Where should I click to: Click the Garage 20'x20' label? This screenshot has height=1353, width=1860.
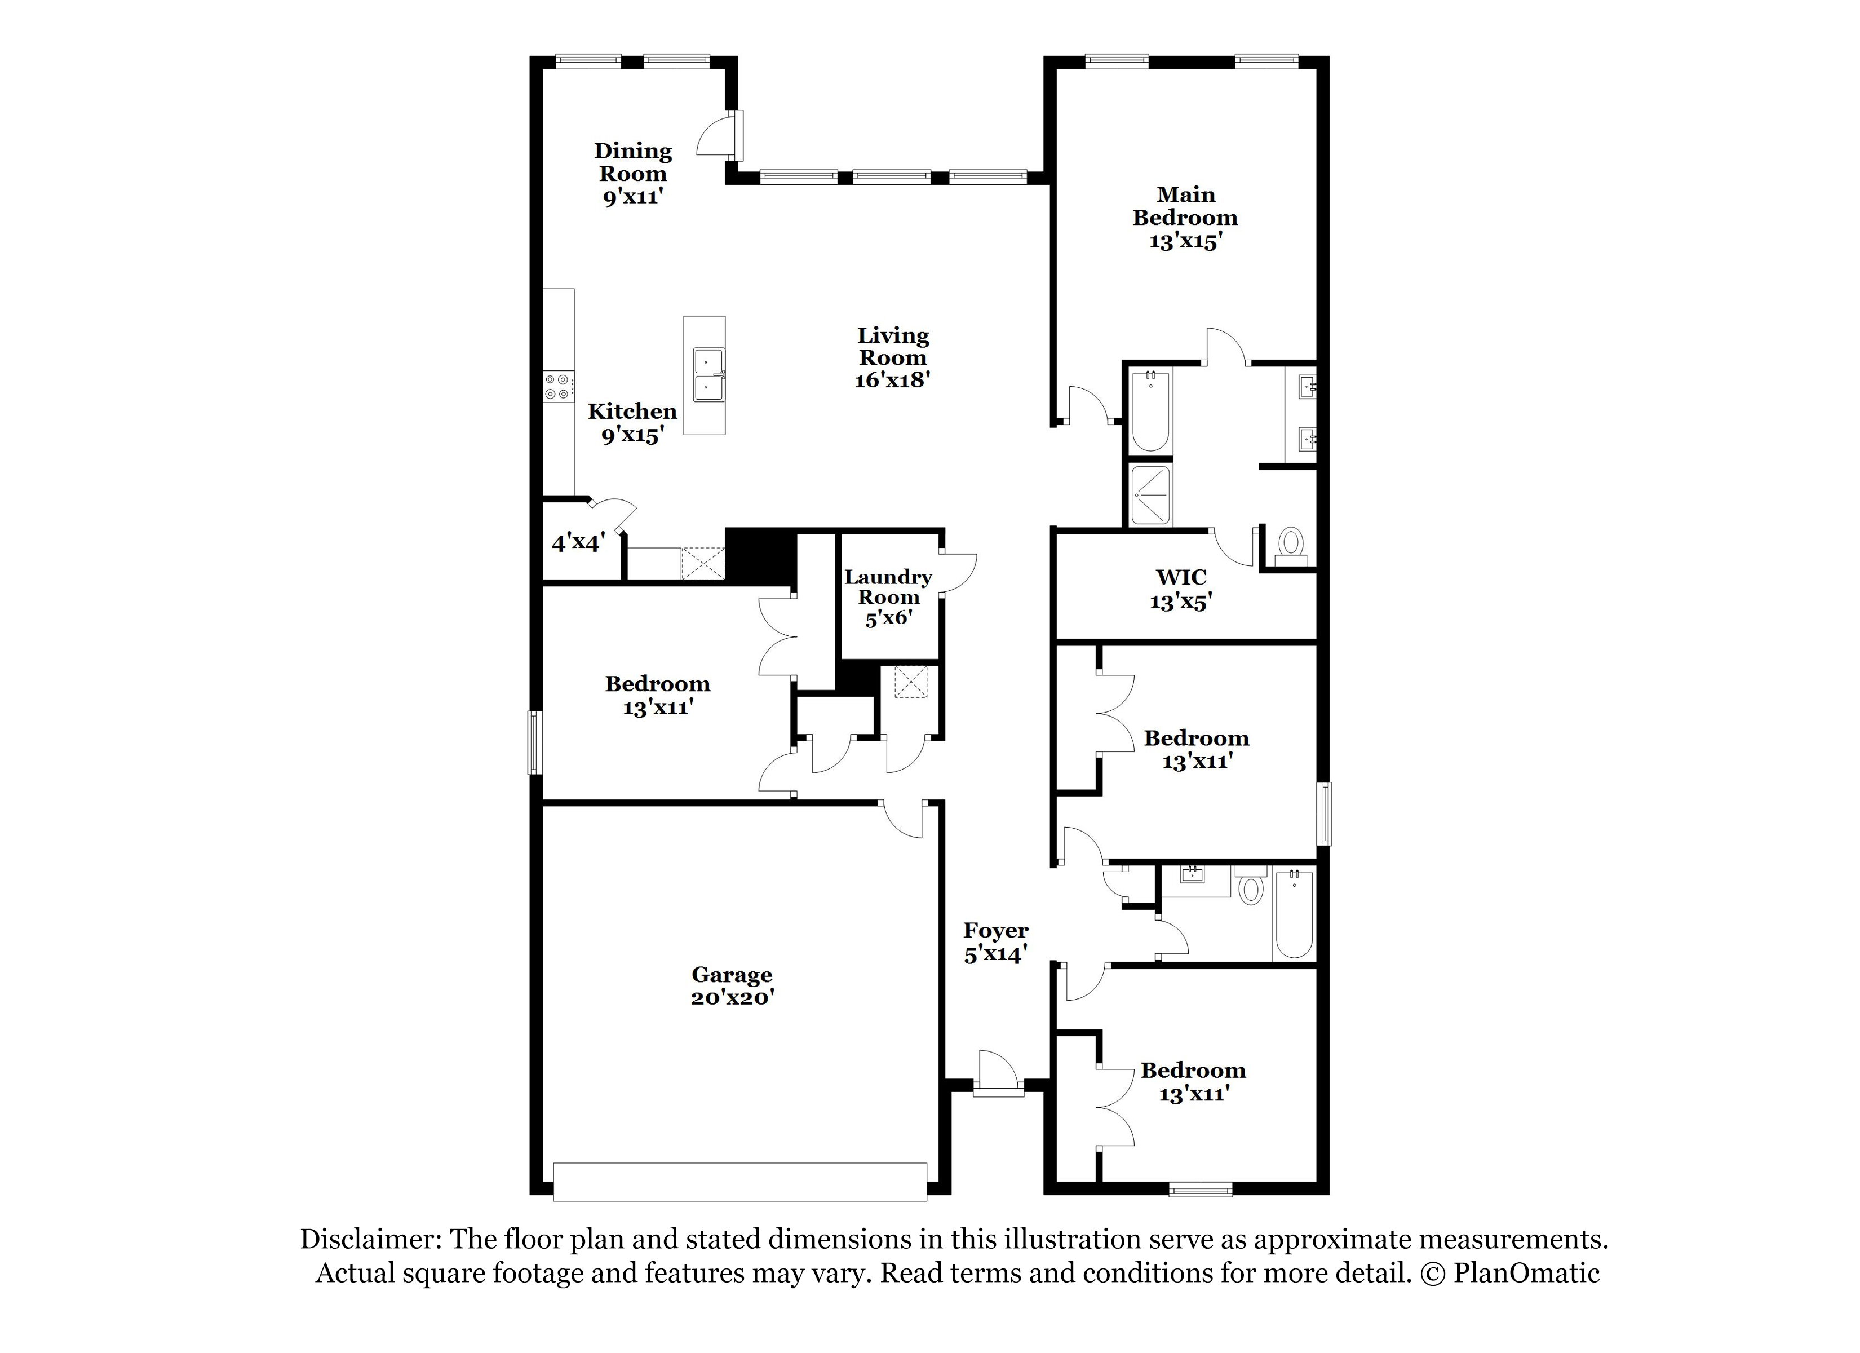click(732, 986)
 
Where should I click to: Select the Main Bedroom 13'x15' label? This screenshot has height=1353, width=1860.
click(1185, 218)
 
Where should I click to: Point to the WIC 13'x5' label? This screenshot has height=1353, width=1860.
click(1181, 589)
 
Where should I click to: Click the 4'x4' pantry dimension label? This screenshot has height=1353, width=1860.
click(578, 542)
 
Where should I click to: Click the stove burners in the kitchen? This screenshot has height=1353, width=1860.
click(559, 387)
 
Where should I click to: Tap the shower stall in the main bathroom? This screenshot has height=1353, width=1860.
click(1150, 496)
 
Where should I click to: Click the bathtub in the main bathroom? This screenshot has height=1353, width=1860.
click(1150, 410)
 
